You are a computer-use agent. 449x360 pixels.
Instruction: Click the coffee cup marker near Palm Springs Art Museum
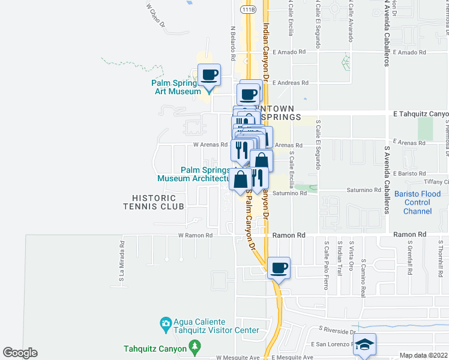(x=209, y=75)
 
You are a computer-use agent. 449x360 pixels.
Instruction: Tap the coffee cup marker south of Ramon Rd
(x=279, y=268)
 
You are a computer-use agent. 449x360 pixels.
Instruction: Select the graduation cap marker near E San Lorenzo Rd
(x=364, y=344)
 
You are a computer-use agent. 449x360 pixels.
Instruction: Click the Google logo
(x=20, y=353)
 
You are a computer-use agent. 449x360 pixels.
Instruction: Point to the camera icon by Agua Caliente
(x=166, y=325)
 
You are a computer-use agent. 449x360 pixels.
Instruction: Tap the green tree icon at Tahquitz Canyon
(x=194, y=347)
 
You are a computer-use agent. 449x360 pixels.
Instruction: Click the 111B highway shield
(x=248, y=10)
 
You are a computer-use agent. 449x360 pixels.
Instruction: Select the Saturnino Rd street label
(x=364, y=190)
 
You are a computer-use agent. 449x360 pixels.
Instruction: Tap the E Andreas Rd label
(x=290, y=83)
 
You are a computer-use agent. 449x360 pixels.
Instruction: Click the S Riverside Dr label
(x=338, y=329)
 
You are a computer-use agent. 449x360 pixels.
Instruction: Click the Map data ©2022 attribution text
(x=423, y=355)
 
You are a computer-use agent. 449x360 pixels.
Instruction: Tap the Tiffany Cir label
(x=436, y=182)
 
